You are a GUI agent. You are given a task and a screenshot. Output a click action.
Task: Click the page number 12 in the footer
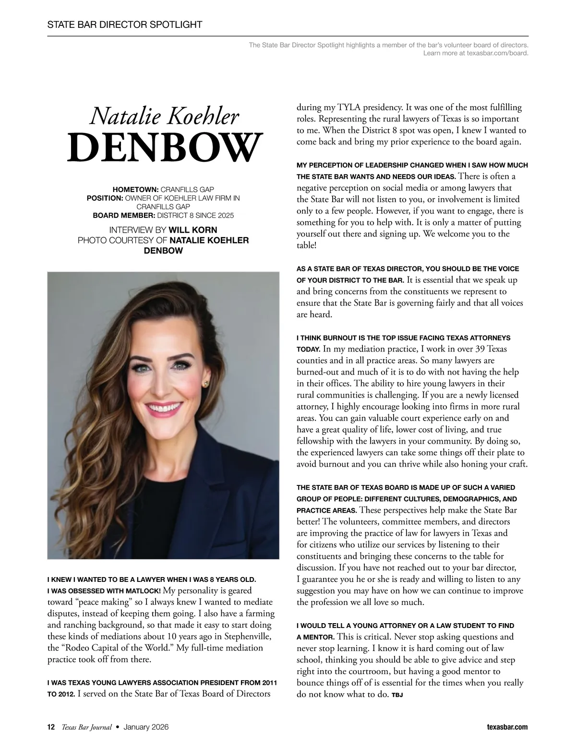pyautogui.click(x=51, y=727)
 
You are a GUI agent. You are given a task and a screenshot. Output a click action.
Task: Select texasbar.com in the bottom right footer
pyautogui.click(x=507, y=727)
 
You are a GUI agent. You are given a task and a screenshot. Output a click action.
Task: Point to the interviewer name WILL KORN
pyautogui.click(x=193, y=229)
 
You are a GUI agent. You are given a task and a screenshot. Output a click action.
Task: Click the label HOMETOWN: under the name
pyautogui.click(x=135, y=190)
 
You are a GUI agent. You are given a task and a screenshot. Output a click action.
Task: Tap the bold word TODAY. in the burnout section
pyautogui.click(x=309, y=350)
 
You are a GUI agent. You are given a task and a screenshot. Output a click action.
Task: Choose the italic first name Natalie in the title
pyautogui.click(x=121, y=116)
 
